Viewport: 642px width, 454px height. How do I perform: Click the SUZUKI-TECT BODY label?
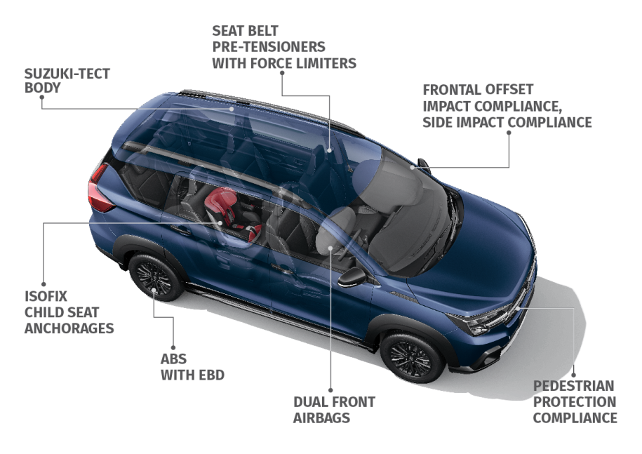(67, 81)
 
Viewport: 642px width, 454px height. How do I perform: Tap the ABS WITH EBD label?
(192, 367)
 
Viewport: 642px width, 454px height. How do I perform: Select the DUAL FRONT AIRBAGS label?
(334, 410)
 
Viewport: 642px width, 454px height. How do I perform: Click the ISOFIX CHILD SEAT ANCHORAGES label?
(69, 312)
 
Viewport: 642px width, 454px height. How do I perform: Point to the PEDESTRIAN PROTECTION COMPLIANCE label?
(575, 402)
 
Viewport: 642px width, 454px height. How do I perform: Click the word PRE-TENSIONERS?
(269, 47)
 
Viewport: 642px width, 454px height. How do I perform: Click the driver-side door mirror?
(352, 278)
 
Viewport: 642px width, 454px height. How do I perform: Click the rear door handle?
(180, 231)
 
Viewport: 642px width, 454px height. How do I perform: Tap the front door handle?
(282, 269)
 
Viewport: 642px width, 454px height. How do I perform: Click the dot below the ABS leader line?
(173, 348)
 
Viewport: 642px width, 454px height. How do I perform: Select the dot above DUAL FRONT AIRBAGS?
(330, 390)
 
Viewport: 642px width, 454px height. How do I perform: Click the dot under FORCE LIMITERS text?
(282, 73)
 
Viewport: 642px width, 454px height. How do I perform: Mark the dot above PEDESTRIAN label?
(574, 375)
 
